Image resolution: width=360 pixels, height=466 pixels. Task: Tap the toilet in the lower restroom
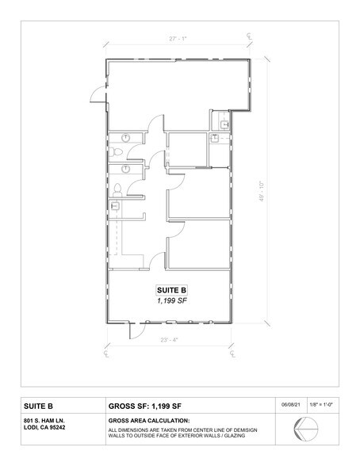[119, 189]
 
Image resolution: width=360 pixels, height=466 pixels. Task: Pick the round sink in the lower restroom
[124, 168]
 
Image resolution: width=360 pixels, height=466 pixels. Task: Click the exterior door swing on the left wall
[96, 94]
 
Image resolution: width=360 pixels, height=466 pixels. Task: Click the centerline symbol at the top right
[248, 36]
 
